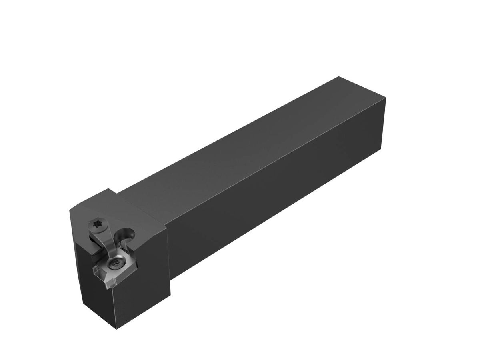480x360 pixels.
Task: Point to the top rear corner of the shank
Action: coord(339,77)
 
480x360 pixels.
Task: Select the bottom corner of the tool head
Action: coord(117,329)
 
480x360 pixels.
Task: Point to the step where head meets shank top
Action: coord(117,194)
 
